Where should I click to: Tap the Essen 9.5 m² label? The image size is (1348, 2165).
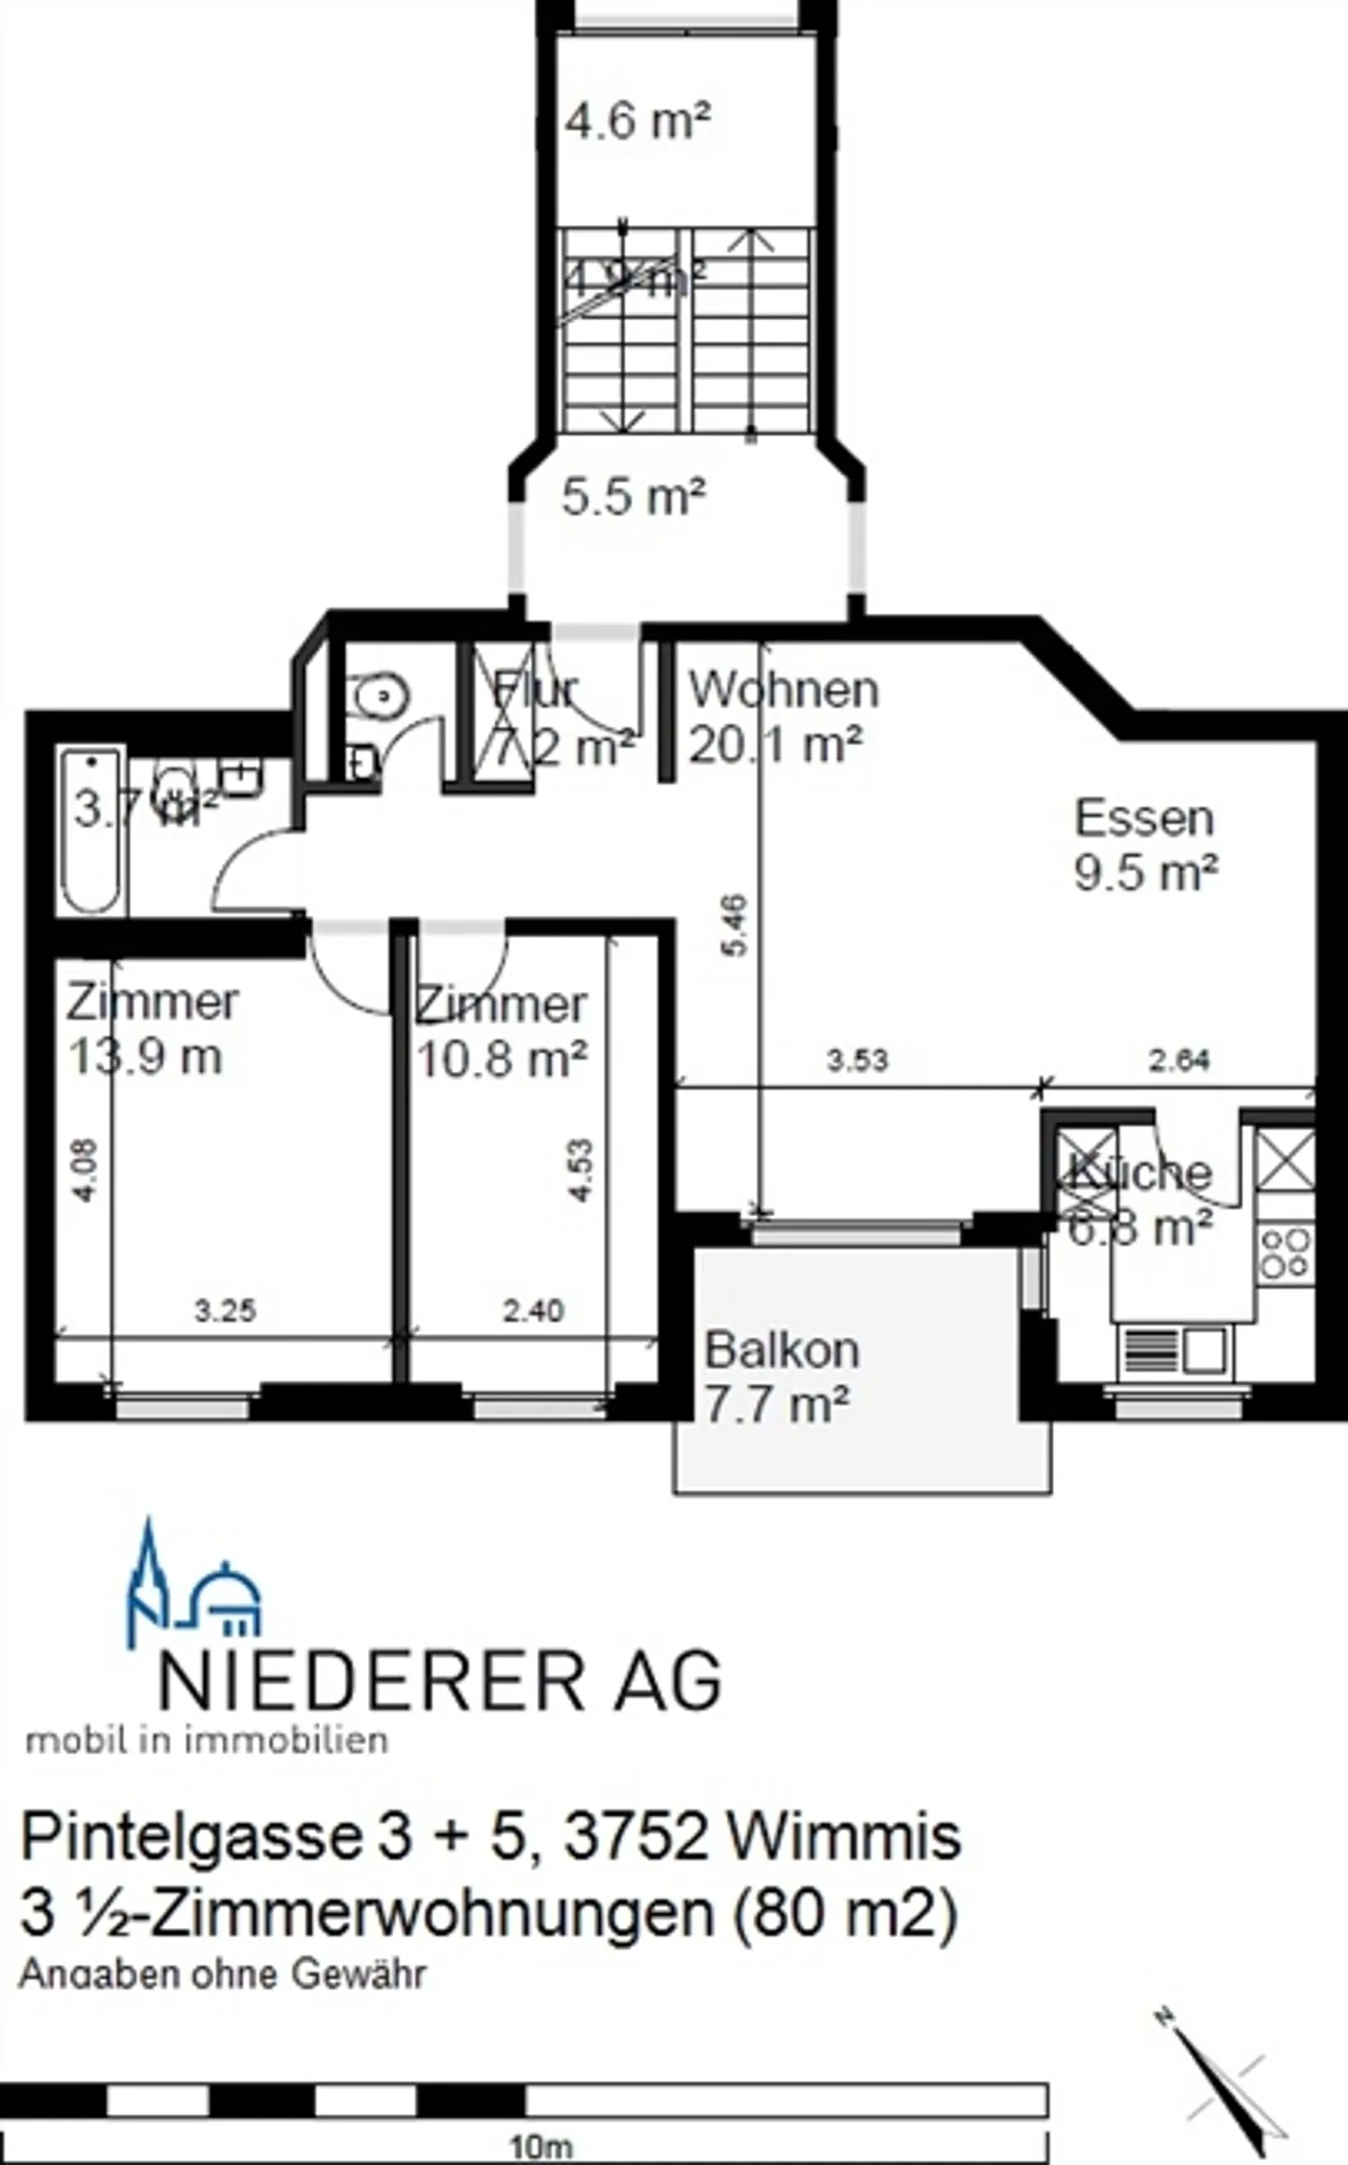click(1145, 846)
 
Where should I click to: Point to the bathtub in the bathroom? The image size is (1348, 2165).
click(91, 831)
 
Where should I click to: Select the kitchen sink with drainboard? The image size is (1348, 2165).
click(1173, 1351)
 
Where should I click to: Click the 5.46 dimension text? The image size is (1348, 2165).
click(736, 926)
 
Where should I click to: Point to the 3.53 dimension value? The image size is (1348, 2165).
click(857, 1061)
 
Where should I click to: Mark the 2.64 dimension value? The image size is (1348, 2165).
click(1179, 1061)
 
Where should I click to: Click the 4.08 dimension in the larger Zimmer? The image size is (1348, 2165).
click(84, 1171)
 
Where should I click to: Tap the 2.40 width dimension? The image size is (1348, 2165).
click(534, 1310)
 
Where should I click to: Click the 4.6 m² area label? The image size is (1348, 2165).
click(638, 122)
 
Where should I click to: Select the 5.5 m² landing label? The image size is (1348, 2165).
click(633, 496)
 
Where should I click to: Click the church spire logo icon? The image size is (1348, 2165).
click(146, 1581)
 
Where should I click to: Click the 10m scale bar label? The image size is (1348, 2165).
click(540, 2146)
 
